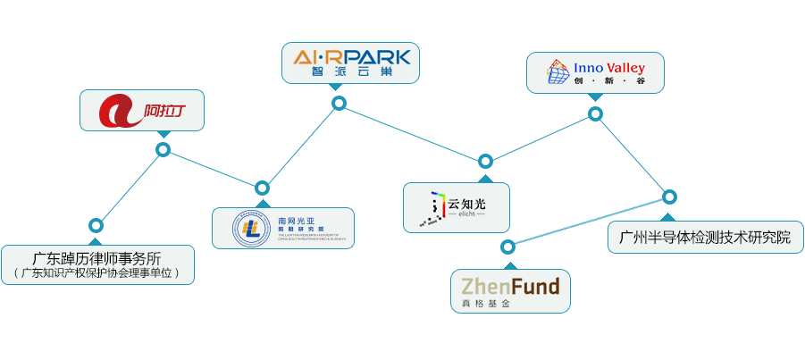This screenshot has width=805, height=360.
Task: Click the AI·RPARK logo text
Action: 352,57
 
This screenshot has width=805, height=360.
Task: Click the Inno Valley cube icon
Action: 558,72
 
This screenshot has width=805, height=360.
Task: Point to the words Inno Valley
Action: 609,68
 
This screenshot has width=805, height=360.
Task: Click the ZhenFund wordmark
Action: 510,287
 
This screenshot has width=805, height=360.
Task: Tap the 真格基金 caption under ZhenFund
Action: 485,305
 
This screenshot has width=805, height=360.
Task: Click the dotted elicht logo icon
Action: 435,207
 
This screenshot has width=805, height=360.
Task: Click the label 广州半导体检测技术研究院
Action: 705,239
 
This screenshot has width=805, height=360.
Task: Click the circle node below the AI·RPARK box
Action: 339,104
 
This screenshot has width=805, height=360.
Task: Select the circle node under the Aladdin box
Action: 163,149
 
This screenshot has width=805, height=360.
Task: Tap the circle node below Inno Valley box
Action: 595,113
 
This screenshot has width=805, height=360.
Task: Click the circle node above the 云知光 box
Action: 485,162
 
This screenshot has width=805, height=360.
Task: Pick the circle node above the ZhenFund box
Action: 507,247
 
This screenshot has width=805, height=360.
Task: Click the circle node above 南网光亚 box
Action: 262,188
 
